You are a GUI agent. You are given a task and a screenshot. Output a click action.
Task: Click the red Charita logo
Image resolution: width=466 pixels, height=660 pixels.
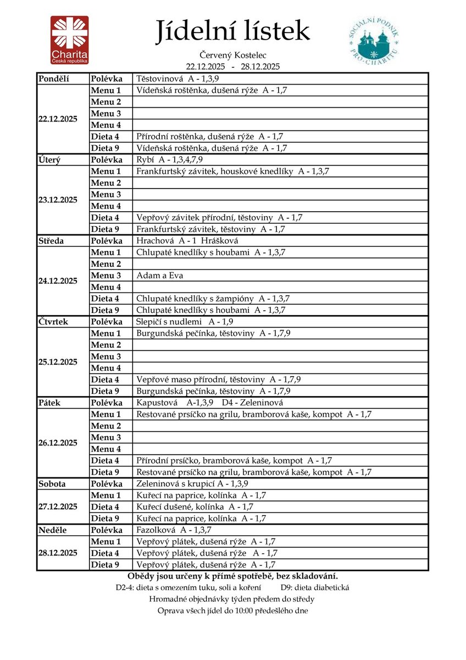point(70,40)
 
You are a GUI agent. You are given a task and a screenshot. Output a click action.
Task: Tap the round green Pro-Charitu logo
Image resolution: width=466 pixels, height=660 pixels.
point(373,39)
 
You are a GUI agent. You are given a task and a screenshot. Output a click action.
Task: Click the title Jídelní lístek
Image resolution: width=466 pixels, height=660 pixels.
point(232,31)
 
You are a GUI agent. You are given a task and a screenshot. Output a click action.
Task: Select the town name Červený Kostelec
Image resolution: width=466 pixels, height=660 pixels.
point(233,56)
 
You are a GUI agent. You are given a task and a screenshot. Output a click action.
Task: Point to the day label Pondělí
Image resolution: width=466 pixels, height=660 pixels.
point(54,79)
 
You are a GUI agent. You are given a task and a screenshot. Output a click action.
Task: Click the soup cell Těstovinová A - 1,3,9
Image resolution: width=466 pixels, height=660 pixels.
point(177,79)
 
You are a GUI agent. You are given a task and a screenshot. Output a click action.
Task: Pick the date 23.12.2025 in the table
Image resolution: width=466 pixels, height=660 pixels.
point(58,200)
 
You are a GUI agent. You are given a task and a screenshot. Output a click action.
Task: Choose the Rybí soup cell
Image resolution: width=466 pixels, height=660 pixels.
point(170,159)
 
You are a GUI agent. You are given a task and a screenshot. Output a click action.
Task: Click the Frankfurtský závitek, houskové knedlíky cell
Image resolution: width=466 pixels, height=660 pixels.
point(232,171)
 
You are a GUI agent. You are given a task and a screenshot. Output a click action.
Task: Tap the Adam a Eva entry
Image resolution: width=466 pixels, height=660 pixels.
point(160,275)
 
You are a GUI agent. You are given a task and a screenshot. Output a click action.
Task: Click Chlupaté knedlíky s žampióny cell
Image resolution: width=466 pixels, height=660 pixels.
point(213,298)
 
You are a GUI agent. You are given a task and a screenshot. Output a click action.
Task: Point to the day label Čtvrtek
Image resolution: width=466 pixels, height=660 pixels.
point(53,321)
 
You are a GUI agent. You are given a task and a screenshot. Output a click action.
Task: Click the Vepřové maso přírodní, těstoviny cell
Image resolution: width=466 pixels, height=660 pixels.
point(218,380)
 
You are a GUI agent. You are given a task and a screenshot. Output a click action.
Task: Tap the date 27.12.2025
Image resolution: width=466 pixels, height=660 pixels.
point(58,507)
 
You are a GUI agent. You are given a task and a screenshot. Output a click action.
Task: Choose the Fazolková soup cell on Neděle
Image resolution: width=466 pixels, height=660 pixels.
point(174,530)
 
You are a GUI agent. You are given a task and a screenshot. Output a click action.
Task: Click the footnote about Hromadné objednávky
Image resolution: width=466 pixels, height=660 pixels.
point(232,599)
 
